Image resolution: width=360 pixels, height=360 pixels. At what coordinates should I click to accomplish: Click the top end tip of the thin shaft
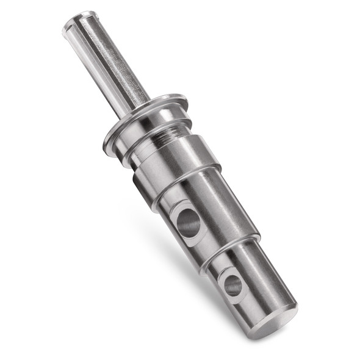pyautogui.click(x=76, y=20)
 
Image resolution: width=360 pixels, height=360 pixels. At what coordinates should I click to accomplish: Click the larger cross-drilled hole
pyautogui.click(x=189, y=223)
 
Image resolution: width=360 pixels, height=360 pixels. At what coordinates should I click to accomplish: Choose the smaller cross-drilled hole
pyautogui.click(x=232, y=285)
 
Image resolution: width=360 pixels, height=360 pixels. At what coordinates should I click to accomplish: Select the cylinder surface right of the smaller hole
pyautogui.click(x=262, y=275)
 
